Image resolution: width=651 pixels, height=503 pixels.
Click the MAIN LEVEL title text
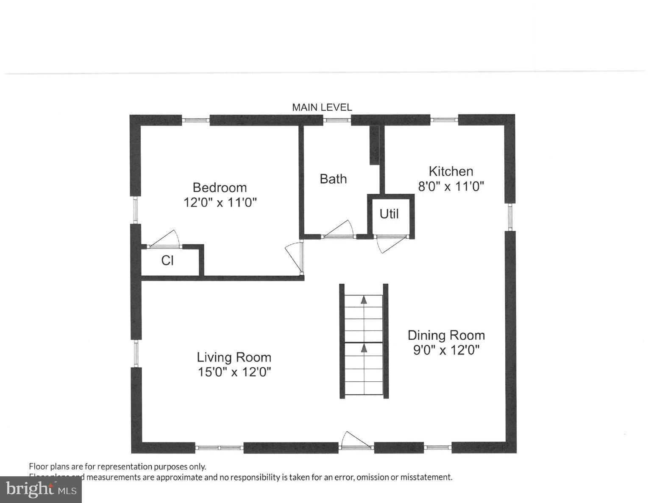322,107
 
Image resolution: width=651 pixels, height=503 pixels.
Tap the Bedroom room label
220,187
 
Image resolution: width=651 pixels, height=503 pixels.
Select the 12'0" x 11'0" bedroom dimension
220,202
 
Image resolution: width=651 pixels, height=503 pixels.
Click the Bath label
333,179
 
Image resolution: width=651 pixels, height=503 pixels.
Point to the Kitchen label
451,171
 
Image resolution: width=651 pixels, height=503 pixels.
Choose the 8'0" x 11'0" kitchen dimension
451,186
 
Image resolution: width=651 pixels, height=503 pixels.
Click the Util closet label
389,214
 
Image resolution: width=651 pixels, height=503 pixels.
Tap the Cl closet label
167,260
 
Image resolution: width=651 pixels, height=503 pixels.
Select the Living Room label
234,357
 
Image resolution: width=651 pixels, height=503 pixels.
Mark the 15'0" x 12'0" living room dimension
234,372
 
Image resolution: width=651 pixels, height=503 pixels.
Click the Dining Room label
446,335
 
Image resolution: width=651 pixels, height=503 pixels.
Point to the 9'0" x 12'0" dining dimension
446,350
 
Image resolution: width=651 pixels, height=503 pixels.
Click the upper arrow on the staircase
364,300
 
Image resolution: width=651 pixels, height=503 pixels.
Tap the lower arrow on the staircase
364,348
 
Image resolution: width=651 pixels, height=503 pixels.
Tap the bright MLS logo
41,490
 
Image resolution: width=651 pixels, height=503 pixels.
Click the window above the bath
337,120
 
